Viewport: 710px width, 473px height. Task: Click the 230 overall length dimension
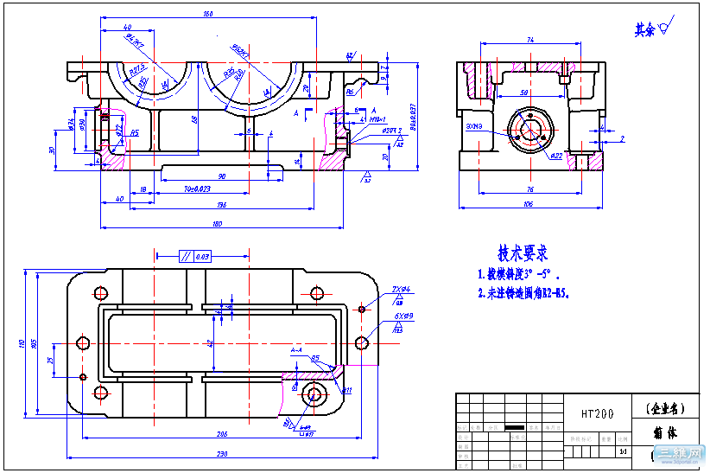tap(221, 454)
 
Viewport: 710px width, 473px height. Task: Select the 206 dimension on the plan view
tap(221, 433)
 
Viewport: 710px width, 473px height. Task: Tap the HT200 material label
tap(592, 414)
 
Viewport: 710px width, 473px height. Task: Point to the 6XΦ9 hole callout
tap(403, 316)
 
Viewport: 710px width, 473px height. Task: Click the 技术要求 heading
tap(522, 253)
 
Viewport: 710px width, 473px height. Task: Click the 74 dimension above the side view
tap(529, 40)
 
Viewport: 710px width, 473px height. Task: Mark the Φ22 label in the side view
tap(557, 156)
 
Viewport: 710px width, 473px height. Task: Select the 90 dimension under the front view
tap(222, 176)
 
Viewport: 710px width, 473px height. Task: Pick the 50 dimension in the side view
tap(524, 92)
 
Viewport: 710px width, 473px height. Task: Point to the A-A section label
tap(296, 350)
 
